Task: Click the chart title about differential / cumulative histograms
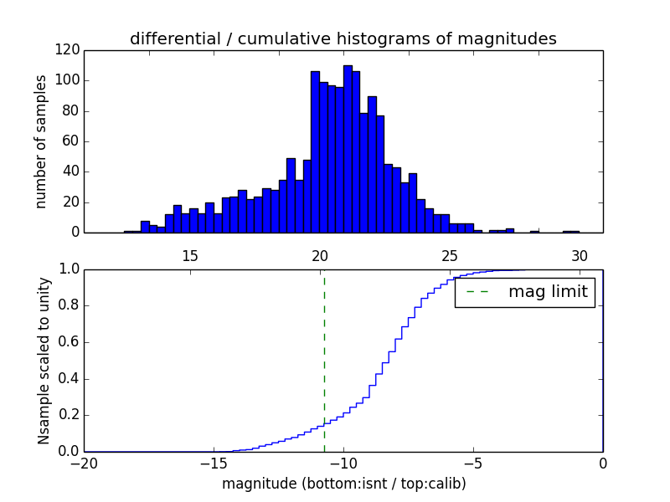(x=343, y=39)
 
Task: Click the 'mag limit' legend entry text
(x=548, y=293)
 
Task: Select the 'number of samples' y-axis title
(x=41, y=141)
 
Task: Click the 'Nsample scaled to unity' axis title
(x=44, y=360)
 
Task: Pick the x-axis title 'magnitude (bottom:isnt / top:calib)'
(x=343, y=484)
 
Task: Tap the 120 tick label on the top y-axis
(x=68, y=50)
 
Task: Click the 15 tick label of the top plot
(x=189, y=255)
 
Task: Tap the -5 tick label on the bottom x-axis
(x=473, y=463)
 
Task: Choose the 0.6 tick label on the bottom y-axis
(x=70, y=341)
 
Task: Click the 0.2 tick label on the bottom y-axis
(x=70, y=415)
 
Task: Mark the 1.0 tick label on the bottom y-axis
(x=70, y=269)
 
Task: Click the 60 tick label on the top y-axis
(x=72, y=141)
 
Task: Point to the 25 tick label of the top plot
(x=449, y=255)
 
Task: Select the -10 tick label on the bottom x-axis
(x=343, y=463)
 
